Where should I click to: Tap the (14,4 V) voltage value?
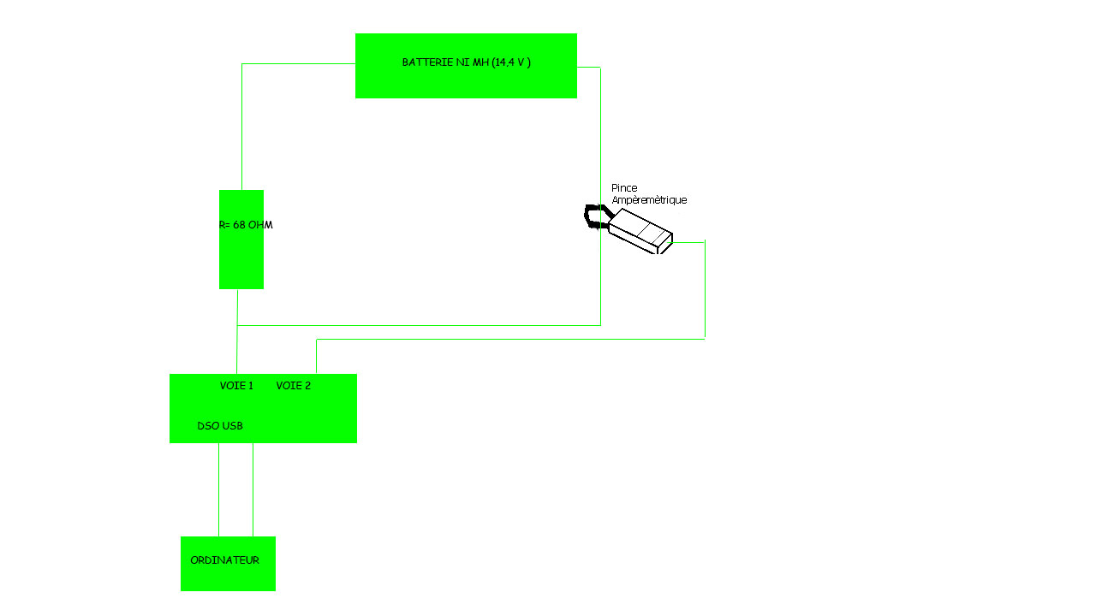pos(512,62)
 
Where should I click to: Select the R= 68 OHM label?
pos(246,225)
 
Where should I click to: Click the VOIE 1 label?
pos(236,386)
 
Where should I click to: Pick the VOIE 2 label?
pos(294,386)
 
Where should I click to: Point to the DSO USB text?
pos(220,426)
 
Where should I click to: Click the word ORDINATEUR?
pos(224,560)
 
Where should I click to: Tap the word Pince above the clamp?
pos(624,188)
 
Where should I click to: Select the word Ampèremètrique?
pos(649,200)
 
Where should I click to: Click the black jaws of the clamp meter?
pos(592,216)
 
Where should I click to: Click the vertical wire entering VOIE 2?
pos(317,356)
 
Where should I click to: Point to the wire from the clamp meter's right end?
pos(705,291)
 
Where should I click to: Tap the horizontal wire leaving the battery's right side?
pos(588,68)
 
